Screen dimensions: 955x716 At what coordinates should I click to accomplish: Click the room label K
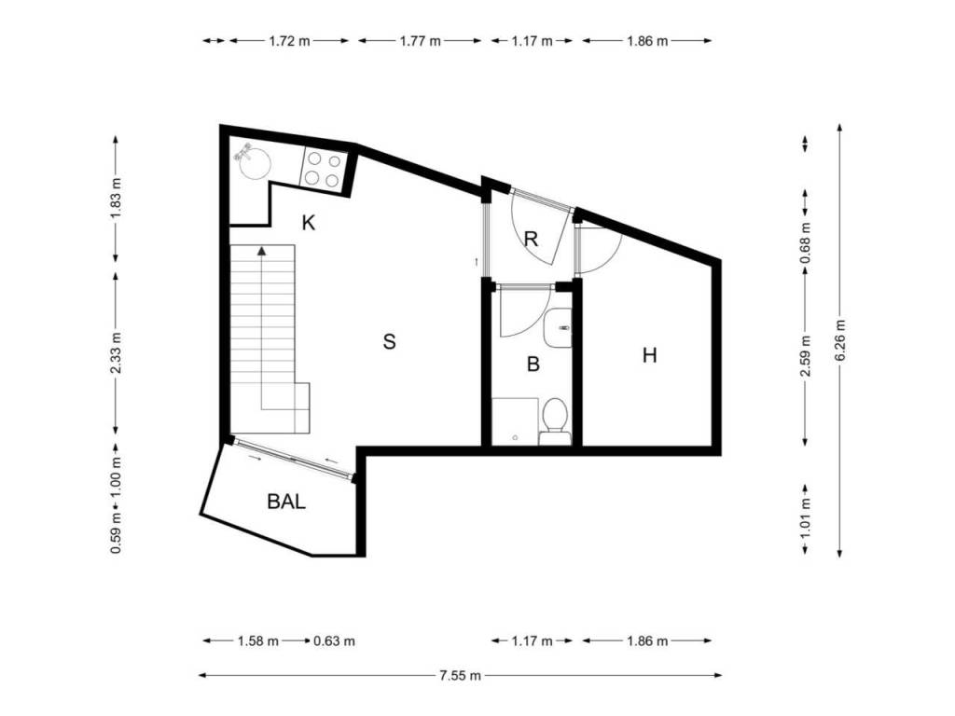(309, 224)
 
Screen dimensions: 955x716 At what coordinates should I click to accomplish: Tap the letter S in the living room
(389, 341)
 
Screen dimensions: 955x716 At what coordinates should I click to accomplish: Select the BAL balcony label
(286, 502)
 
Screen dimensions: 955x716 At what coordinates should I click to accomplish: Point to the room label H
(650, 355)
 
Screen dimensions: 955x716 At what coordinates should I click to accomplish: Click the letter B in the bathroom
(533, 365)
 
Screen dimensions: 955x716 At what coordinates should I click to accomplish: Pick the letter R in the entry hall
(531, 239)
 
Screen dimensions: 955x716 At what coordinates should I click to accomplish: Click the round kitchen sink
(254, 162)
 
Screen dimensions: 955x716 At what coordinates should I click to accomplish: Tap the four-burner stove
(324, 169)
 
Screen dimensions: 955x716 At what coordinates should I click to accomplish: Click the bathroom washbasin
(558, 328)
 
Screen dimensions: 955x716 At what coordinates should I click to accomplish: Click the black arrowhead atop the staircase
(262, 250)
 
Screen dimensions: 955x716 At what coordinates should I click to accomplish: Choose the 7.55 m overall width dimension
(460, 675)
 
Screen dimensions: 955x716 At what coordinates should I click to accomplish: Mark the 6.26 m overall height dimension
(840, 340)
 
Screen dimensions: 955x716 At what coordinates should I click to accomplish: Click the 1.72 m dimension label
(289, 41)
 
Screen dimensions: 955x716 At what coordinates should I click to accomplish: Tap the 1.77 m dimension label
(421, 41)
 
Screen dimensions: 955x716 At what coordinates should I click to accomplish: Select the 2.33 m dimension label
(116, 352)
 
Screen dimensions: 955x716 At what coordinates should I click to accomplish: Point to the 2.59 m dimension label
(806, 355)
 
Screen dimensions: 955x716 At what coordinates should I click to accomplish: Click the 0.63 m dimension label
(335, 641)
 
